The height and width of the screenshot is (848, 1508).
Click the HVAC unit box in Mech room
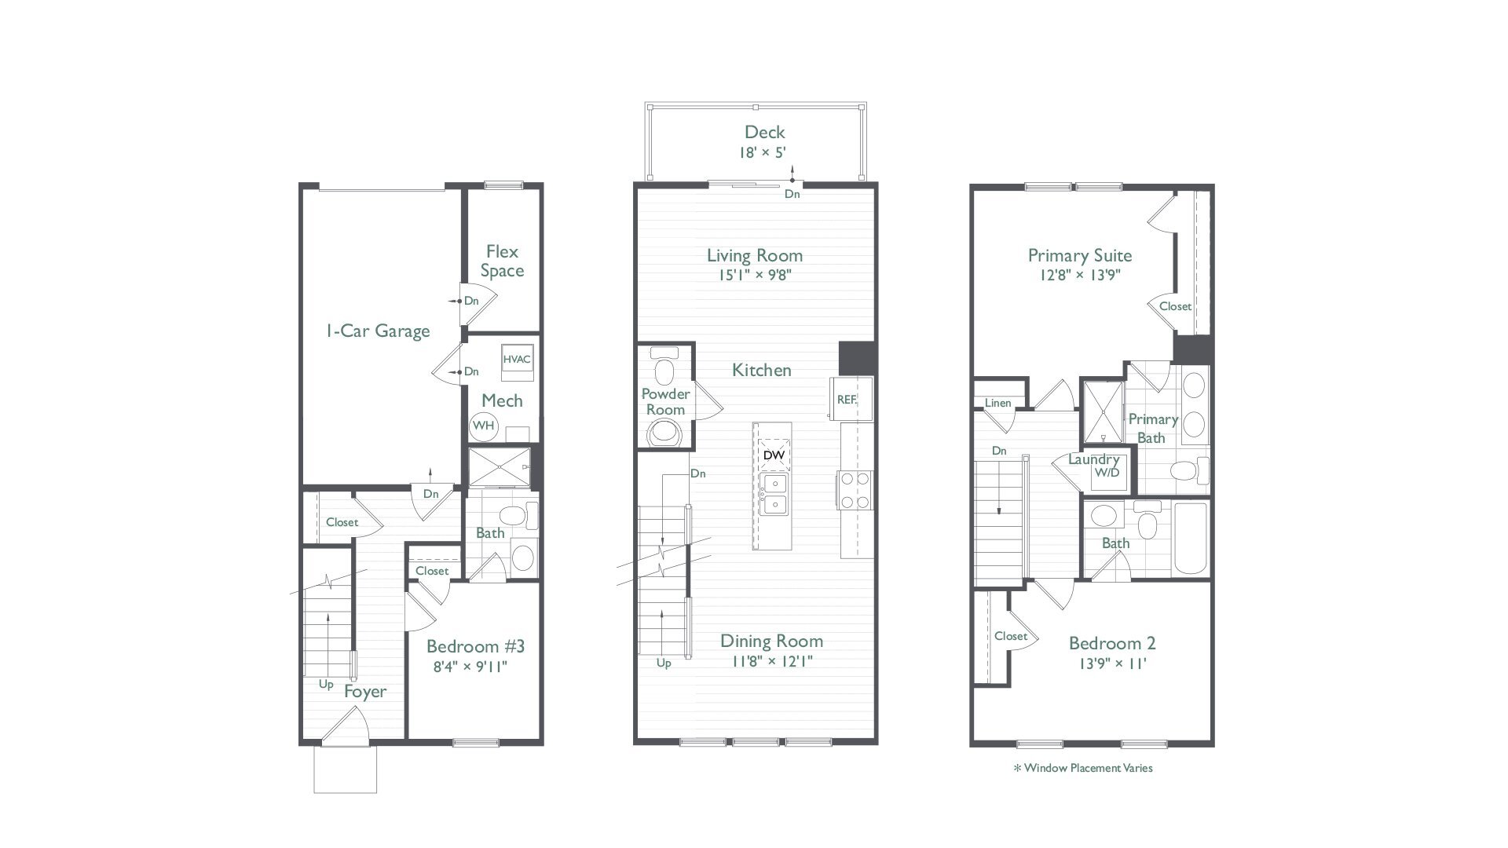517,360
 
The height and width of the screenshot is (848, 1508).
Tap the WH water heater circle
484,426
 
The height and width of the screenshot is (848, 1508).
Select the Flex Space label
502,261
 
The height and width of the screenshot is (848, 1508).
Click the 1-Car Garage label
378,331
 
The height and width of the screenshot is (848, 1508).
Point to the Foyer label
365,692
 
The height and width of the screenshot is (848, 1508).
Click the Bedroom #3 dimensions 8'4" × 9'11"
470,667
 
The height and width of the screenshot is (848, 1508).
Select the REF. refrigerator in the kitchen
847,399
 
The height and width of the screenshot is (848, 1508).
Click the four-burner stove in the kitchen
855,490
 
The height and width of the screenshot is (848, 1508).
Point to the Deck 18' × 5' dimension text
764,152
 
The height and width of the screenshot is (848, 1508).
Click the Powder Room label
666,402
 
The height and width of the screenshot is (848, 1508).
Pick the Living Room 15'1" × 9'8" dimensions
754,275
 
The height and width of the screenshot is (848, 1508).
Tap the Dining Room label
771,641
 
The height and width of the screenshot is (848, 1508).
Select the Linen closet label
997,404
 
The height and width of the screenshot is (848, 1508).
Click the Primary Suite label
1080,255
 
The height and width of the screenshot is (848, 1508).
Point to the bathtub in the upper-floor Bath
1190,538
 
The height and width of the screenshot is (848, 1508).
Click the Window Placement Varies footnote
1083,768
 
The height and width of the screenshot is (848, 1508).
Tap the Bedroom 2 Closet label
1010,636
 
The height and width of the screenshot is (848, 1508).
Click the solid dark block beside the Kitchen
856,358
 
